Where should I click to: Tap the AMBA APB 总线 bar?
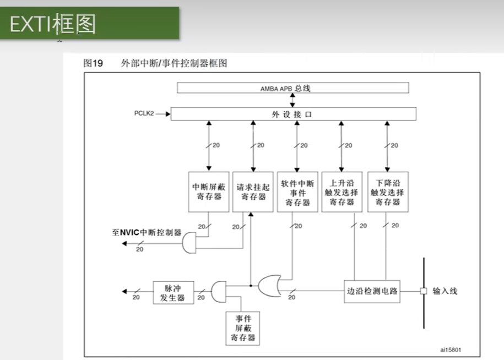(x=292, y=88)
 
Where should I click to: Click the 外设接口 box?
(x=292, y=114)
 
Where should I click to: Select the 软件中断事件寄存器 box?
(x=297, y=191)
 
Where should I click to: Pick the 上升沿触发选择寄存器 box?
(x=342, y=191)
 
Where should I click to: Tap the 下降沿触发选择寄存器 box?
(x=388, y=191)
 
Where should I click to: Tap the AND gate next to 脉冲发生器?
(x=219, y=291)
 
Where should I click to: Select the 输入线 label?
(x=445, y=291)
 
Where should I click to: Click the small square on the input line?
(x=424, y=291)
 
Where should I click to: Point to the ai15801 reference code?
(x=451, y=349)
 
